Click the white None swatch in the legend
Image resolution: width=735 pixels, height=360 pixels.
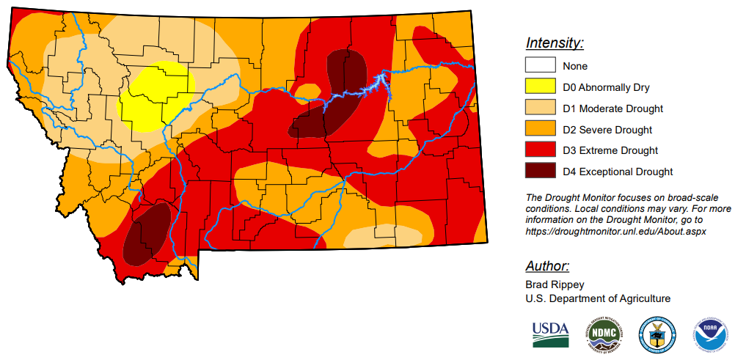click(x=539, y=66)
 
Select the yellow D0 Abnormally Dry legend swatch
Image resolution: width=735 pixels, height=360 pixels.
click(x=539, y=87)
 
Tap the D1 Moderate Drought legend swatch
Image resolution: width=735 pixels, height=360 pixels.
click(x=539, y=109)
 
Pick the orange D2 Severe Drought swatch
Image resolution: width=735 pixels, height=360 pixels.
click(x=539, y=130)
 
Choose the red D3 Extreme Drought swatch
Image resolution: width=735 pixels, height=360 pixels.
click(x=539, y=151)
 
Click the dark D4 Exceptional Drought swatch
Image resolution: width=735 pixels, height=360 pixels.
click(x=539, y=172)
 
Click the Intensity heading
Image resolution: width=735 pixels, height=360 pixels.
click(x=555, y=43)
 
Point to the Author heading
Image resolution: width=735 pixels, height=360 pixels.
click(x=547, y=266)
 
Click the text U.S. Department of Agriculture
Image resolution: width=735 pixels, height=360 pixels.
click(x=598, y=298)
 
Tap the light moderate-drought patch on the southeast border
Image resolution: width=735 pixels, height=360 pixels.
click(x=381, y=236)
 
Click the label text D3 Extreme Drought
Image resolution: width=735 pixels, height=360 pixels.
click(x=610, y=151)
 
